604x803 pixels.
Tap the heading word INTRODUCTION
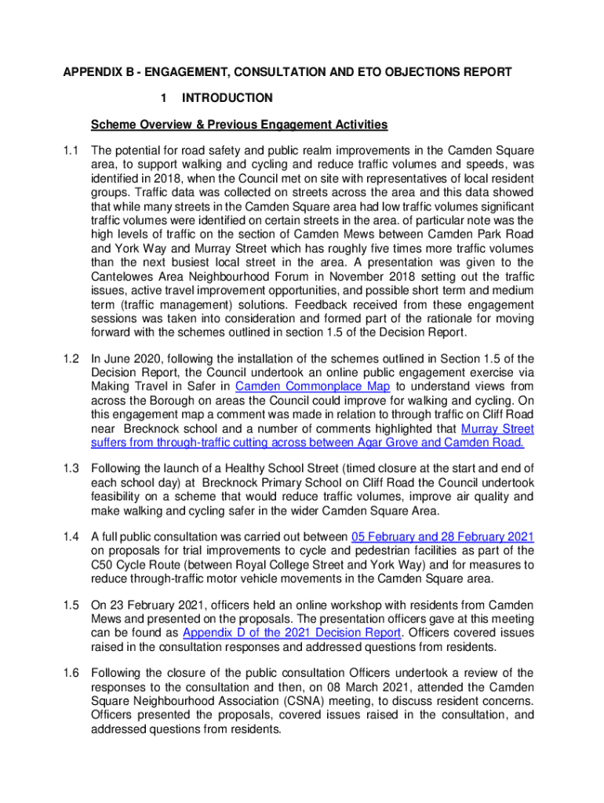pyautogui.click(x=227, y=98)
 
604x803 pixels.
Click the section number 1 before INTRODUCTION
pyautogui.click(x=162, y=98)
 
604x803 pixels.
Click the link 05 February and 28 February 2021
pyautogui.click(x=442, y=537)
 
